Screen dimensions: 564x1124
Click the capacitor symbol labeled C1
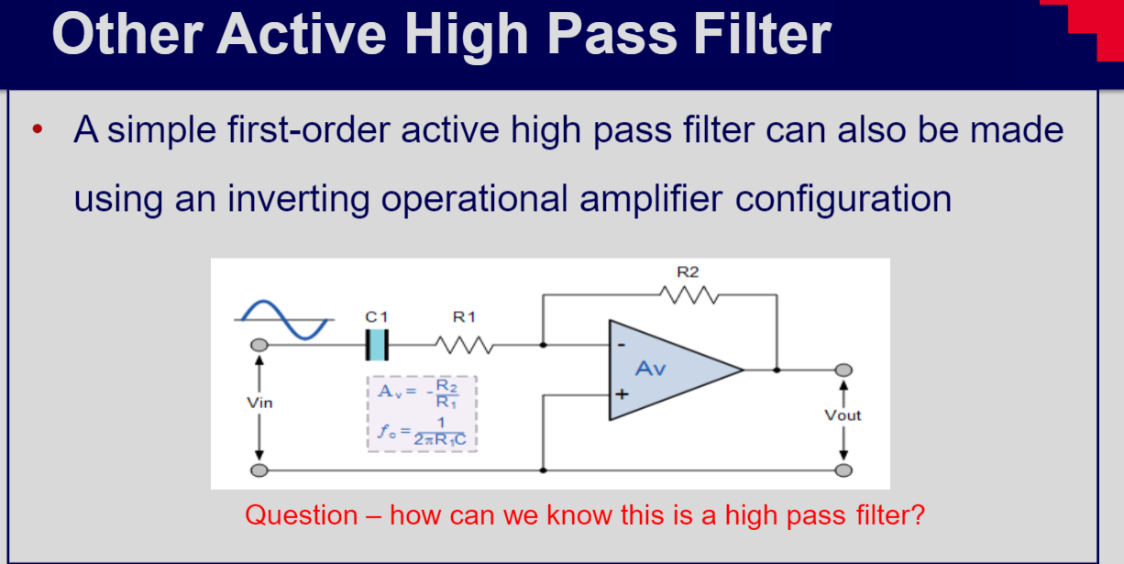pos(377,345)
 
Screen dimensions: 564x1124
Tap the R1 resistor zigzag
pos(466,345)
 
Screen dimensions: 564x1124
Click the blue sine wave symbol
pos(282,319)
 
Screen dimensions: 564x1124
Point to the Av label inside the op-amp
pos(651,369)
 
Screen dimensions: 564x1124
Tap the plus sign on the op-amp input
pos(621,395)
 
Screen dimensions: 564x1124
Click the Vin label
pos(259,403)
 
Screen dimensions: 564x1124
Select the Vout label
pos(843,415)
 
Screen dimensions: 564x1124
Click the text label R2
pos(688,271)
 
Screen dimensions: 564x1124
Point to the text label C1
pos(377,317)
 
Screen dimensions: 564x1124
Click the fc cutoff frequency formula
pos(423,431)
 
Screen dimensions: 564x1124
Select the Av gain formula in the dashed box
pos(423,393)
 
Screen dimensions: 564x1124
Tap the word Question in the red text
pos(302,514)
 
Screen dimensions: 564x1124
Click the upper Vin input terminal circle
pos(259,345)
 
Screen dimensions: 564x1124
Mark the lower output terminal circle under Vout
pos(843,470)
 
